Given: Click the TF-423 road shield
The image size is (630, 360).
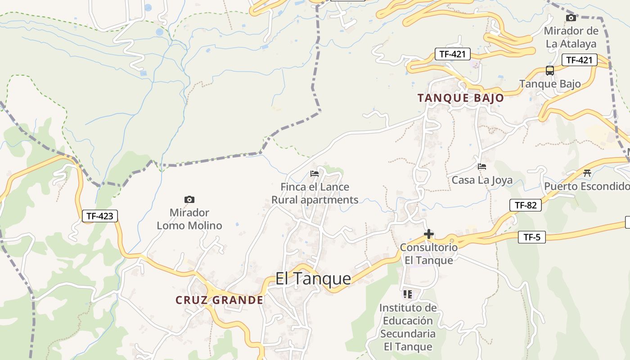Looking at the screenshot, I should tap(100, 216).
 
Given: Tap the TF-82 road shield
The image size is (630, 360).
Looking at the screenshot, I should tap(526, 205).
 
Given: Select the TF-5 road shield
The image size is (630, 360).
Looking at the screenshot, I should tap(531, 237).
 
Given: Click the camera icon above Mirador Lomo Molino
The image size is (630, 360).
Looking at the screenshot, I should tap(189, 199).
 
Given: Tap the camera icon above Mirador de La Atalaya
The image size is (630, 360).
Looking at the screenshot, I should tap(571, 18).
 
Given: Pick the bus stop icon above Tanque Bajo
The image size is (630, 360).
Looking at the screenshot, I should tap(549, 71).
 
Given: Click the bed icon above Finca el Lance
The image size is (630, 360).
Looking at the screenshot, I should tap(315, 173).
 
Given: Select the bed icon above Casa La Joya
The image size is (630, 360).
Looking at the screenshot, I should tap(482, 166).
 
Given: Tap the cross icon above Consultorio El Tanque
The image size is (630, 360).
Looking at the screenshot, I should tap(429, 234).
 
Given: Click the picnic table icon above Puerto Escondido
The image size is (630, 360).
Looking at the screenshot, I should tap(587, 173).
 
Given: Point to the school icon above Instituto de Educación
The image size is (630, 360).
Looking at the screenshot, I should tap(408, 294).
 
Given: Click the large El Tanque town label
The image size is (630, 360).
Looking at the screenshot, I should tap(313, 279).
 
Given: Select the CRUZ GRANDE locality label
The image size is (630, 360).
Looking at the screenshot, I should tap(219, 300).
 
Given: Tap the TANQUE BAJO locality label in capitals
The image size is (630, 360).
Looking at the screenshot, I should tap(460, 98).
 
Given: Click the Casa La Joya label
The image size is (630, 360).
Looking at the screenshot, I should tap(482, 180).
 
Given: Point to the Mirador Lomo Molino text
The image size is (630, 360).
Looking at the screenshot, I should tap(189, 219).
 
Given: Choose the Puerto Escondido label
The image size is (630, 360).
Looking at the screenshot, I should tap(586, 186).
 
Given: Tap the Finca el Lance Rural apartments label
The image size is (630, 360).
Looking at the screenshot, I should tap(315, 193).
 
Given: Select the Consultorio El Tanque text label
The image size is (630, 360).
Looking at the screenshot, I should tap(429, 253).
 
